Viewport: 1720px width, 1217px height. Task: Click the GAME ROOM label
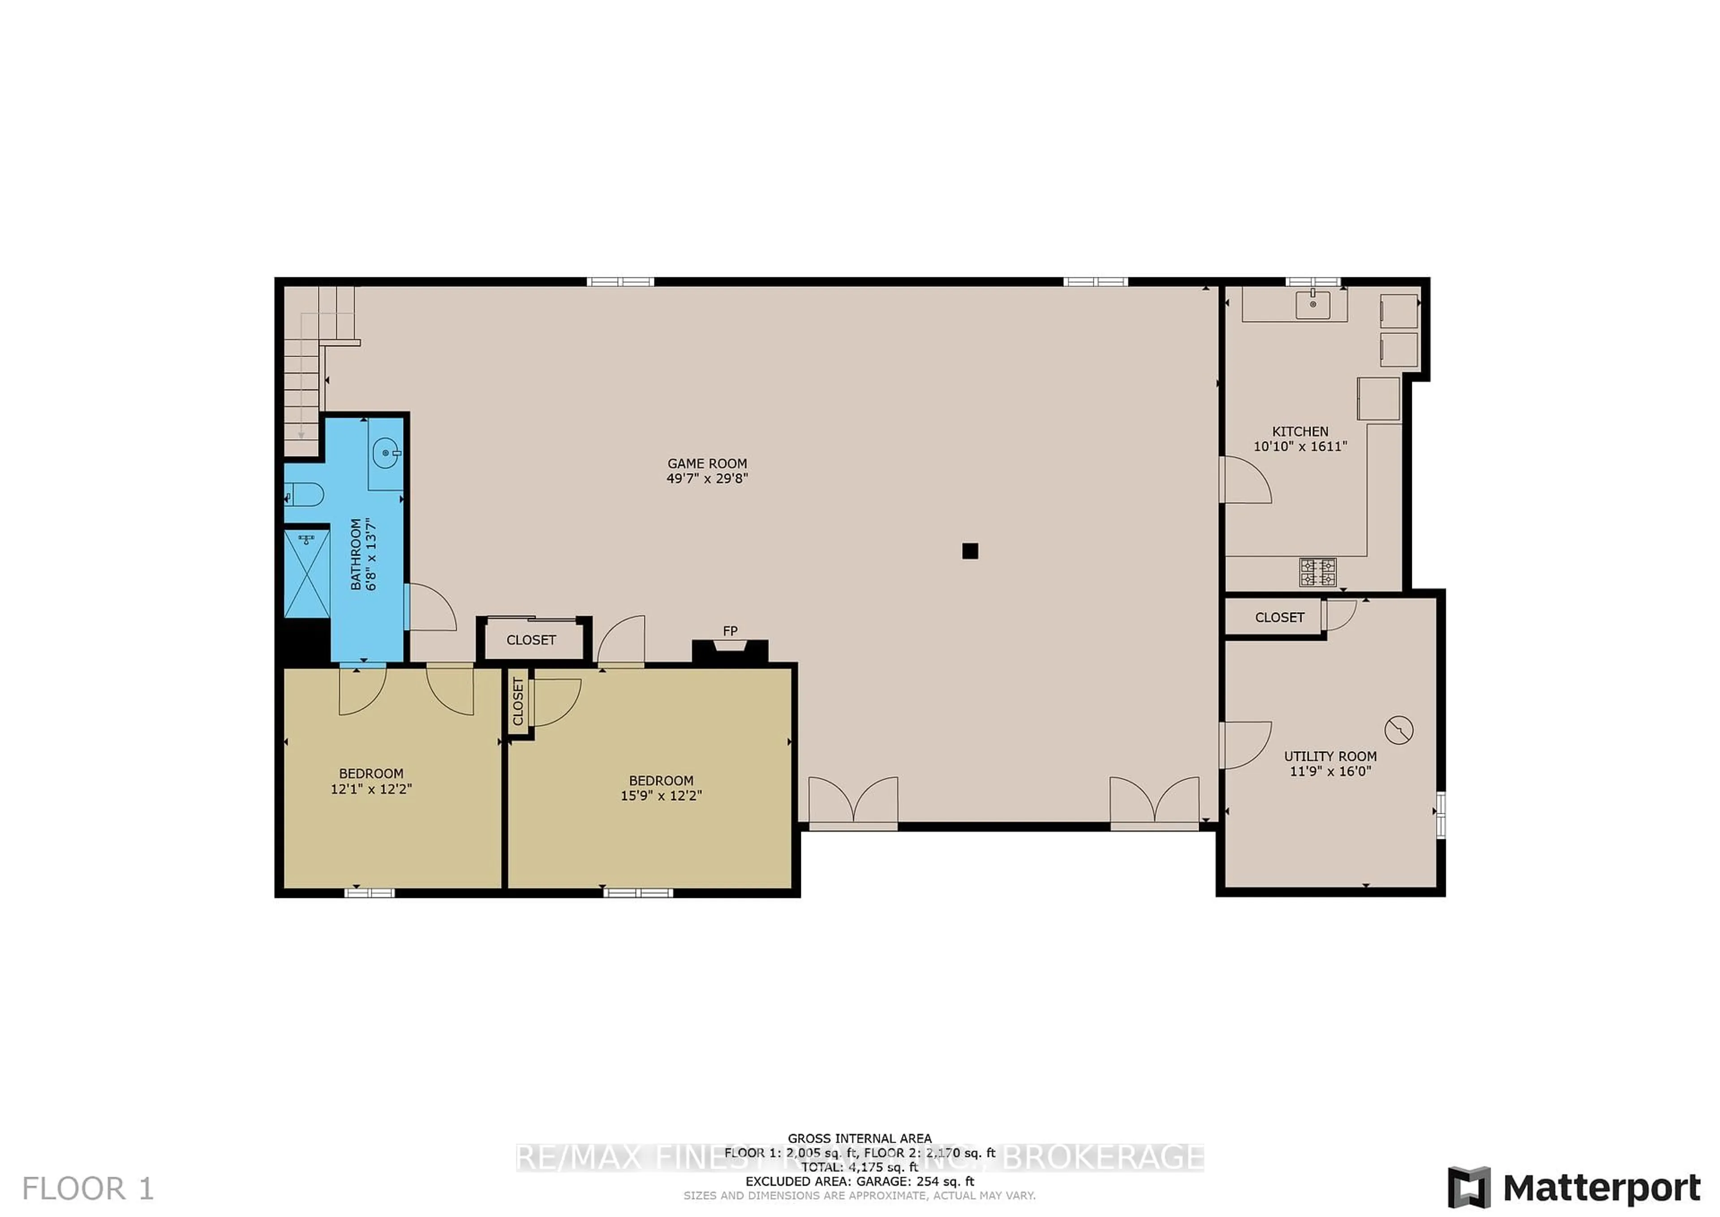pyautogui.click(x=707, y=464)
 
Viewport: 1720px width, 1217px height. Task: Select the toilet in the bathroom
pyautogui.click(x=305, y=495)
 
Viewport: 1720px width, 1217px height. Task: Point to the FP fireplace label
pyautogui.click(x=730, y=631)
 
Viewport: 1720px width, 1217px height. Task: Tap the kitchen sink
pyautogui.click(x=1313, y=305)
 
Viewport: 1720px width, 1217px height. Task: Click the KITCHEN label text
pyautogui.click(x=1300, y=432)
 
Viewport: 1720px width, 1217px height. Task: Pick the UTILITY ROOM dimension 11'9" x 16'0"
pyautogui.click(x=1330, y=771)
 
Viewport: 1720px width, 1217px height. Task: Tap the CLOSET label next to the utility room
pyautogui.click(x=1280, y=617)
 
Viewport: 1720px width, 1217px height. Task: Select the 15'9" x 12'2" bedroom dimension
pyautogui.click(x=661, y=796)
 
